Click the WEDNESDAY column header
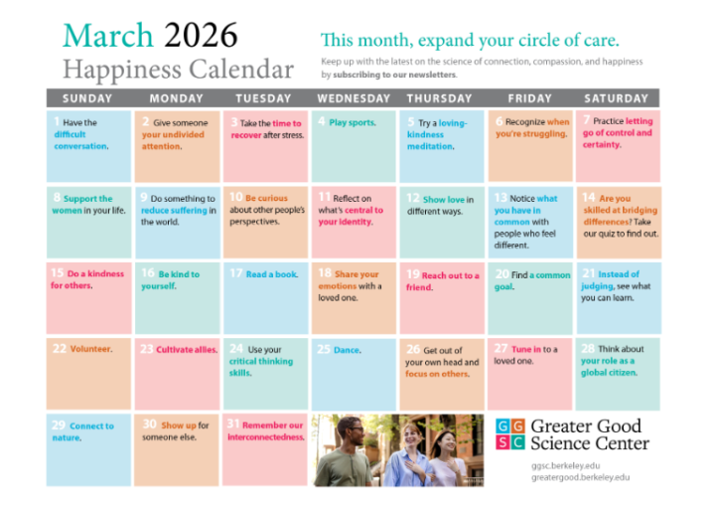pos(354,98)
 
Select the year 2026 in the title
pos(201,36)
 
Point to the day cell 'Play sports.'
pos(354,145)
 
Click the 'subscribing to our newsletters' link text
pos(394,75)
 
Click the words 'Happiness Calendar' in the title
pos(179,70)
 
